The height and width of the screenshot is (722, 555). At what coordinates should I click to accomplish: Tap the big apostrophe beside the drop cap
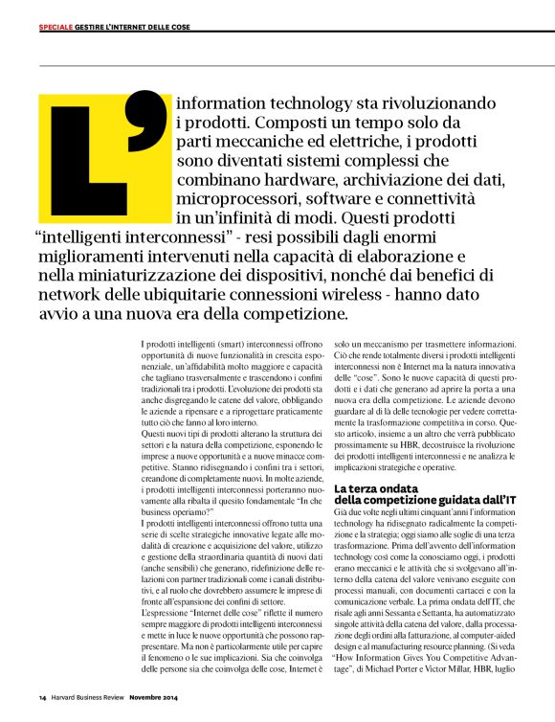[144, 120]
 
